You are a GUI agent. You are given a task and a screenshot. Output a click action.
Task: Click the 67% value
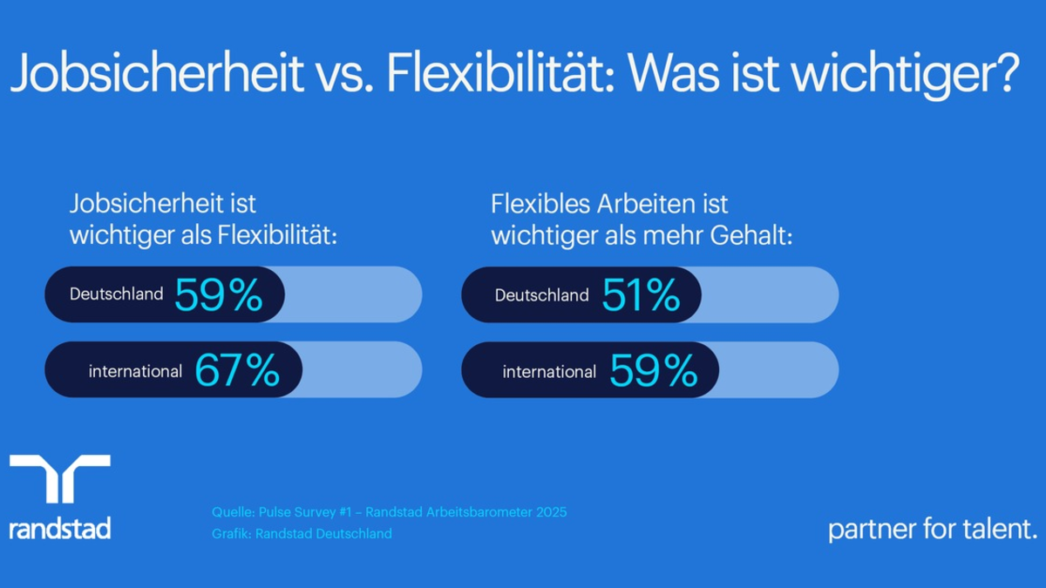click(237, 371)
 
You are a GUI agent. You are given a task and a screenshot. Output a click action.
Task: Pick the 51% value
click(641, 295)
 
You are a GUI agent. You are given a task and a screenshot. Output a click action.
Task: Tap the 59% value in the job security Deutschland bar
click(218, 295)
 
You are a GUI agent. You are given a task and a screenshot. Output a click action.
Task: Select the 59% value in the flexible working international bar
click(654, 371)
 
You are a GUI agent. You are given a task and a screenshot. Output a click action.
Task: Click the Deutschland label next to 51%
click(541, 295)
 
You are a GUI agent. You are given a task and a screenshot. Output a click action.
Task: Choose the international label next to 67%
click(135, 371)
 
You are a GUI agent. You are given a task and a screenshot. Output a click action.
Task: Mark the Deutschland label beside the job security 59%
click(116, 294)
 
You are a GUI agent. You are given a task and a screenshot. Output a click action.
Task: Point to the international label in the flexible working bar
click(549, 371)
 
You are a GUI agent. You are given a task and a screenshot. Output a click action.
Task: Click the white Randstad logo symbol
click(59, 478)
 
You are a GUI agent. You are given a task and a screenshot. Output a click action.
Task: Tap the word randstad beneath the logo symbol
click(59, 528)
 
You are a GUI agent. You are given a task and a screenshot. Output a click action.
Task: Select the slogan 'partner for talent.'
click(933, 529)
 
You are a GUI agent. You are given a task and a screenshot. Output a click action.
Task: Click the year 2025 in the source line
click(551, 512)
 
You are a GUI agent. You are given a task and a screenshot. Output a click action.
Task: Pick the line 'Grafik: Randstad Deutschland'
click(302, 533)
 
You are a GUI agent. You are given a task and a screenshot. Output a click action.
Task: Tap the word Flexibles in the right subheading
click(540, 205)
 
